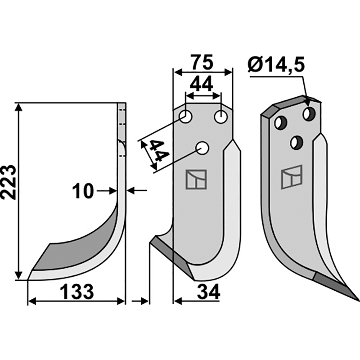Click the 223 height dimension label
9,183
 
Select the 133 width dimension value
76,292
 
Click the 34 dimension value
209,292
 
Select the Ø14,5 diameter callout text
276,65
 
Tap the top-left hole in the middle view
185,117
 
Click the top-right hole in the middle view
221,117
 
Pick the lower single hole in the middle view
202,148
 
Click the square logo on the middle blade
196,180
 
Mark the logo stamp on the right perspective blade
291,177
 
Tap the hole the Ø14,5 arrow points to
309,114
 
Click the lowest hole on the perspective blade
297,142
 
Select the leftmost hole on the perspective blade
280,122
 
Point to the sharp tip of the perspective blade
359,300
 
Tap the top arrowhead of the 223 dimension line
19,107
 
